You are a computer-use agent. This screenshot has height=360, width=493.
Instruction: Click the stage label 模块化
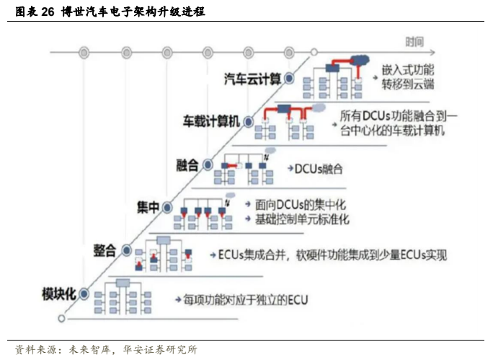(x=59, y=294)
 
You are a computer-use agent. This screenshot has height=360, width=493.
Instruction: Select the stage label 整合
(x=104, y=250)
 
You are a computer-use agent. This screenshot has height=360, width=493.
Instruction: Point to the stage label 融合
(x=187, y=164)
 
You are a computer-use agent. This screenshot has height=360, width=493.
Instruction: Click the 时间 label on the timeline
(x=413, y=41)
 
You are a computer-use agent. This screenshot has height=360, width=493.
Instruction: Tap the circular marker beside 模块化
(x=84, y=294)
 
